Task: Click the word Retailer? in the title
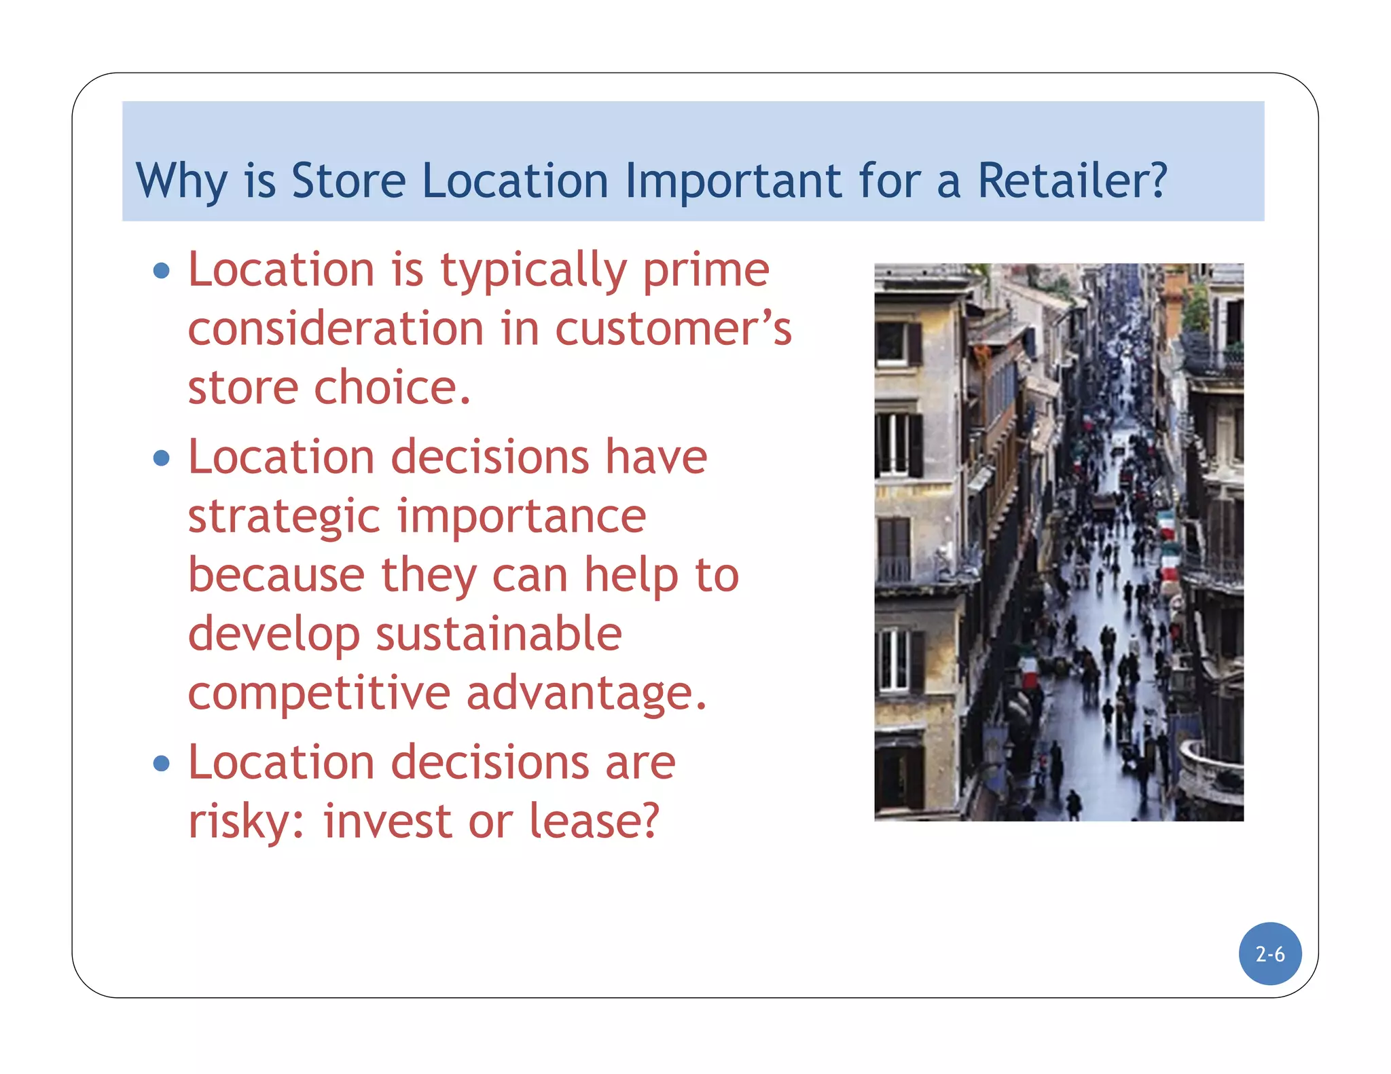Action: point(1072,181)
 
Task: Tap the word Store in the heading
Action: point(348,181)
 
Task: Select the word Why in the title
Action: point(181,181)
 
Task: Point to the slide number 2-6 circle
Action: point(1270,954)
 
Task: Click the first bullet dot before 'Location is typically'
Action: point(162,271)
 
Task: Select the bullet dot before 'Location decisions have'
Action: point(162,458)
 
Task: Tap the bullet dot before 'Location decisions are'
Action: point(162,764)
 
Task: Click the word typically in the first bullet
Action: point(533,271)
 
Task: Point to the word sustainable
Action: point(499,634)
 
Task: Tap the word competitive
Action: point(319,693)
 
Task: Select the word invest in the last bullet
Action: point(386,821)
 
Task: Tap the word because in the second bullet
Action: point(276,576)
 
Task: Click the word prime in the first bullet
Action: point(706,271)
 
